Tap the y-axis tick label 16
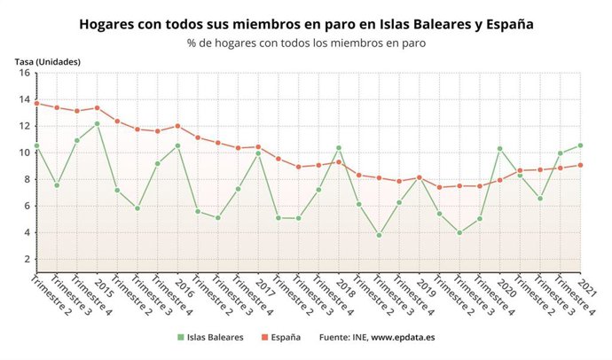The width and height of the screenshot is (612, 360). [x=25, y=73]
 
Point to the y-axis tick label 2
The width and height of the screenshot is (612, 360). [x=27, y=259]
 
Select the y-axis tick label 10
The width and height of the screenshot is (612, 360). [x=25, y=153]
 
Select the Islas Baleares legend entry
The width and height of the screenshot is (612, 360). [x=212, y=337]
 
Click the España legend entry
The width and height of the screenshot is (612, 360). [x=279, y=337]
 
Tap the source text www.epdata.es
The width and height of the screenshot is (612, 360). [x=403, y=337]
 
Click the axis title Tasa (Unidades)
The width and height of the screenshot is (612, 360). [x=48, y=61]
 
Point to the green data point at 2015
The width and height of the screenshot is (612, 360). [x=98, y=124]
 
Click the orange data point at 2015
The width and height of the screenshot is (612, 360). [x=98, y=107]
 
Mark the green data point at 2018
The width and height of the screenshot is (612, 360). [x=339, y=148]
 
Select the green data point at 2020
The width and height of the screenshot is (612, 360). [x=500, y=148]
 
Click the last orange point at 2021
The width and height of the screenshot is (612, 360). [x=580, y=164]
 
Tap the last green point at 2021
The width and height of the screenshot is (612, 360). [x=580, y=145]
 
